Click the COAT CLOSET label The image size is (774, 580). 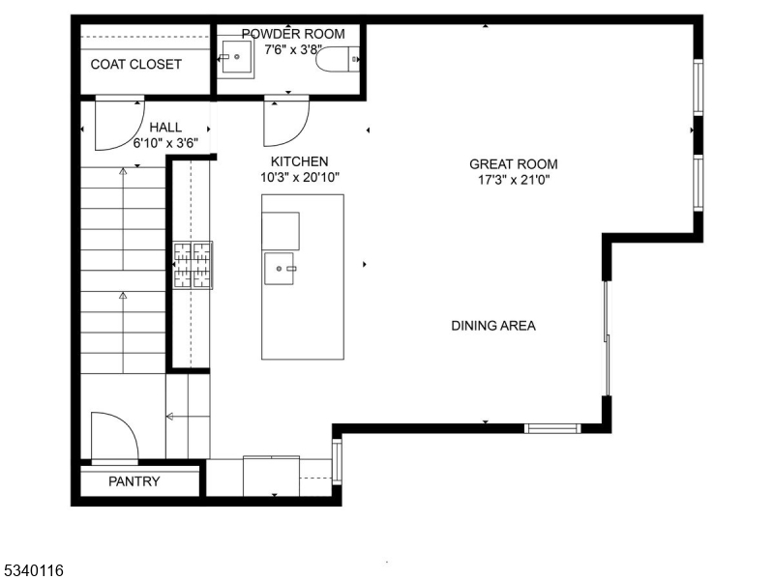point(135,65)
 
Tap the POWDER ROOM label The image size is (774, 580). point(292,34)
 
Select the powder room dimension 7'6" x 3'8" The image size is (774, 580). point(293,48)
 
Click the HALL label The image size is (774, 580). point(165,127)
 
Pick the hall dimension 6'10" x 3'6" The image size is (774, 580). point(165,142)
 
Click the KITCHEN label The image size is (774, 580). point(299,161)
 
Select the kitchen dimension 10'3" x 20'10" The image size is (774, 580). point(299,177)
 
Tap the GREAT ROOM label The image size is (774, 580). point(514,164)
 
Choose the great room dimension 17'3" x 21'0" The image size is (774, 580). point(514,180)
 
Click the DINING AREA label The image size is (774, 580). point(492,326)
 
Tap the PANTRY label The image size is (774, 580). point(134,481)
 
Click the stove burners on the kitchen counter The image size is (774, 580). point(193,266)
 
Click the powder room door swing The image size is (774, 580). point(285,120)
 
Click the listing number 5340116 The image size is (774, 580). point(33,571)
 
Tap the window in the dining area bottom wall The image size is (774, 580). point(551,428)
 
